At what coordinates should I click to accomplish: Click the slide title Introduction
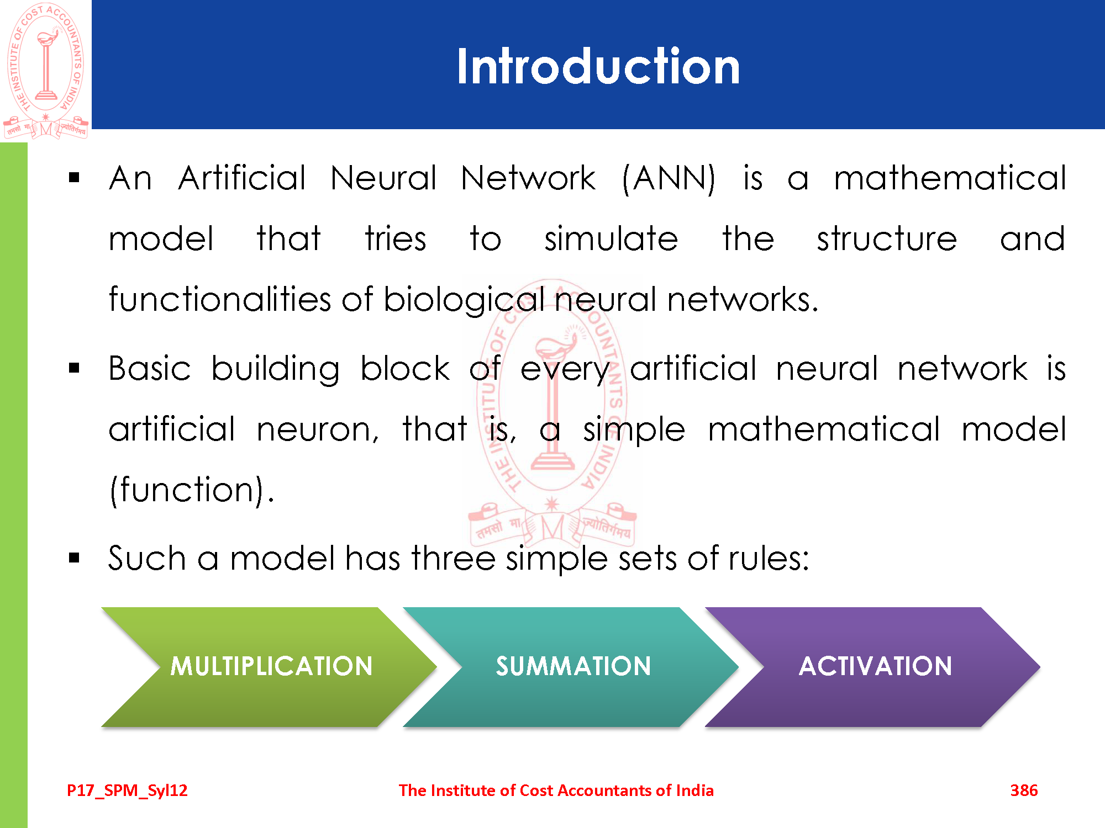tap(598, 66)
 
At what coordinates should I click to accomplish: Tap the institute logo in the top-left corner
tap(46, 71)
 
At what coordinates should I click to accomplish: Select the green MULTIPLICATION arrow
tap(270, 667)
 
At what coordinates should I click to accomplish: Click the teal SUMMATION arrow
tap(571, 667)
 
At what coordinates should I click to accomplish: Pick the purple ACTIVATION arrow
tap(873, 667)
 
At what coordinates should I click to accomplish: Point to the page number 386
tap(1024, 790)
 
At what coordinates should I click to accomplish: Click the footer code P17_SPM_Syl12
tap(127, 791)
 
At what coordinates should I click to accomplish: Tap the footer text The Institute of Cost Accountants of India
tap(556, 790)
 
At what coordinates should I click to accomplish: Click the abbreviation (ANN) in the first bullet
tap(669, 179)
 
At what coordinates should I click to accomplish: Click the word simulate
tap(611, 238)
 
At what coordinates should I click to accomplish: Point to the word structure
tap(887, 239)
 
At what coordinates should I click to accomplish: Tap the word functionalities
tap(219, 299)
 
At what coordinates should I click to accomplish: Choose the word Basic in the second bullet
tap(150, 368)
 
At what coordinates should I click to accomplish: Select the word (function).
tap(191, 490)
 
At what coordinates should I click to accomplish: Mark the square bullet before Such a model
tap(75, 558)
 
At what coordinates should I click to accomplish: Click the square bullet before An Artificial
tap(75, 178)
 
